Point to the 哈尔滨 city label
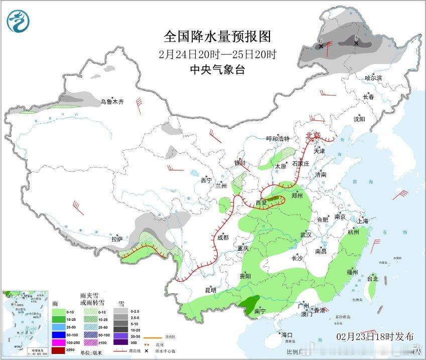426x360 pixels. (x=373, y=78)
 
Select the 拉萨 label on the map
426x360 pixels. (x=117, y=239)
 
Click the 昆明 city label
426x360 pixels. (x=210, y=290)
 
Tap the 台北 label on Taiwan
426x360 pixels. (x=372, y=279)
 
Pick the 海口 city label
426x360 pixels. (x=287, y=334)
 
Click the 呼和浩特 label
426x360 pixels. (x=277, y=139)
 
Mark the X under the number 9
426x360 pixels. (x=356, y=44)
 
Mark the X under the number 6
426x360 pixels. (x=321, y=46)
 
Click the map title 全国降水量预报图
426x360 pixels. (x=217, y=36)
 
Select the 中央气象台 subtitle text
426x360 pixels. (x=217, y=70)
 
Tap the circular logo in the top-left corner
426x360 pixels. (x=19, y=21)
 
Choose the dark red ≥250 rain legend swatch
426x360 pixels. (x=59, y=349)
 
